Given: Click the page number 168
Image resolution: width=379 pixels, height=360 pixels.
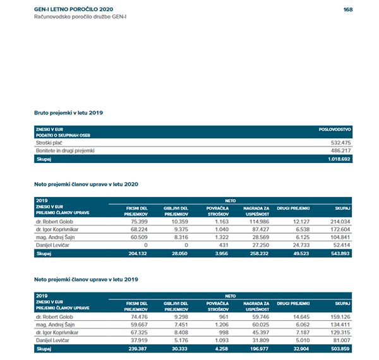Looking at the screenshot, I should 347,9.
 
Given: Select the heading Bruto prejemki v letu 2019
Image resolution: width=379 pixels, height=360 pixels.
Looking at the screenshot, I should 68,112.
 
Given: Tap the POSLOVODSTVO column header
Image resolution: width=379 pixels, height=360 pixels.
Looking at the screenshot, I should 335,129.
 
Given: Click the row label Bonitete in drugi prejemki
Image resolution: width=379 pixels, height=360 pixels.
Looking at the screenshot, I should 65,152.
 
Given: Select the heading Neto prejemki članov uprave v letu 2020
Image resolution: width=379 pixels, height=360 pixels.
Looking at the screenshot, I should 86,184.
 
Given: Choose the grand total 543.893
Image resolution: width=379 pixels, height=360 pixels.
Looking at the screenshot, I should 340,253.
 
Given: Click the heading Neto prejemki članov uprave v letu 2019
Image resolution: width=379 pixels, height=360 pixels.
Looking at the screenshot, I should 86,279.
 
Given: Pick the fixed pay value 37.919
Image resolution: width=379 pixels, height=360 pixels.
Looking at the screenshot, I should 137,340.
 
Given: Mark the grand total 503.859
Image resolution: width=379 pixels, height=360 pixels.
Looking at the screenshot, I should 340,348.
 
